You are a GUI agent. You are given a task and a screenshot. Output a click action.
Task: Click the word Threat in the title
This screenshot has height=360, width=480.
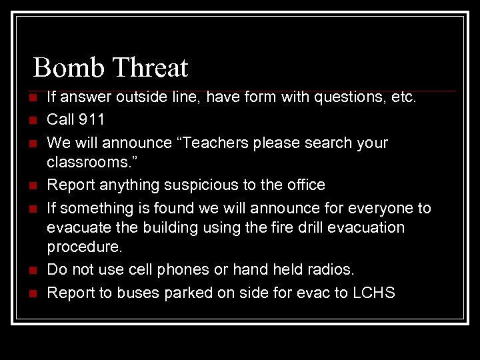tap(150, 67)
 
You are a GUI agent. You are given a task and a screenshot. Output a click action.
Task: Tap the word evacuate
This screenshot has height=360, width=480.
tap(75, 227)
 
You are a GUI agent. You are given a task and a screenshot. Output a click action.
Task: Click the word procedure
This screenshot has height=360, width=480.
tap(83, 247)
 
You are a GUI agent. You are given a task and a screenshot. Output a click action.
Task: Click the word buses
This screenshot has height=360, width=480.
tap(135, 292)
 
